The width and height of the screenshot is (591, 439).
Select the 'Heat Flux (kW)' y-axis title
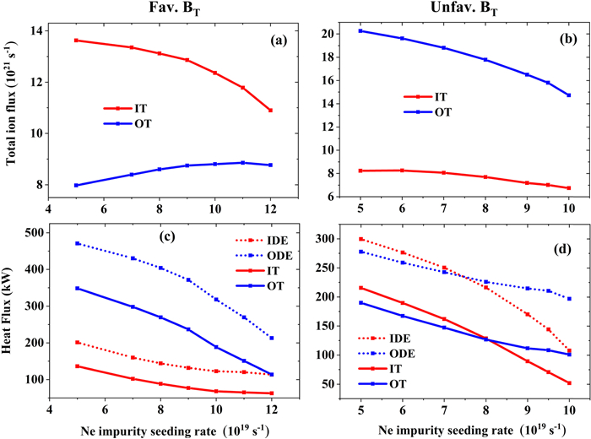tap(14, 308)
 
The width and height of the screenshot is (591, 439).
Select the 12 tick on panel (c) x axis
tap(270, 412)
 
